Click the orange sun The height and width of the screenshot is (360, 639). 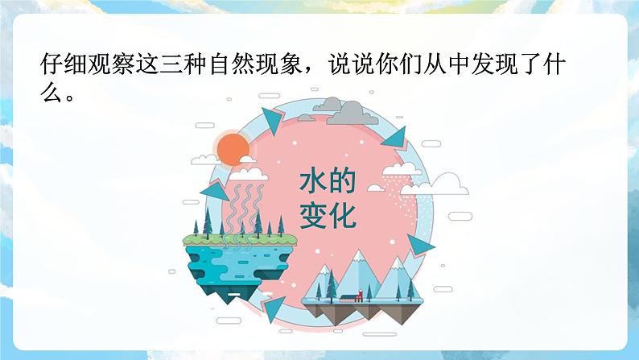point(234,151)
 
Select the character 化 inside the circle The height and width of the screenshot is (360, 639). point(341,215)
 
